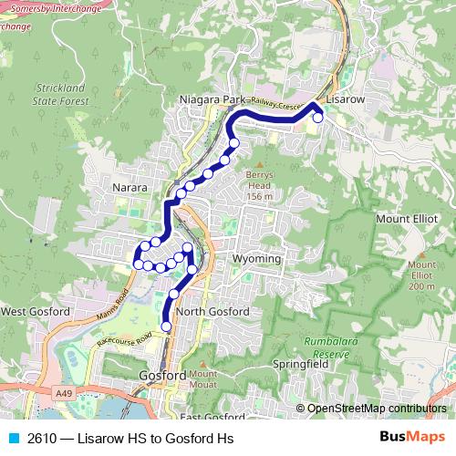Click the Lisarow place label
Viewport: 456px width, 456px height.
346,98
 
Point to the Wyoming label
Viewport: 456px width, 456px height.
256,259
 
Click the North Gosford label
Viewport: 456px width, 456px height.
212,312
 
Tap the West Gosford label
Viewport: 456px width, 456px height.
36,312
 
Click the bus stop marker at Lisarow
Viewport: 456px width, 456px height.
317,117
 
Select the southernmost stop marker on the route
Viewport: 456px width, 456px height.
166,326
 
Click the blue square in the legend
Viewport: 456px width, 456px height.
13,439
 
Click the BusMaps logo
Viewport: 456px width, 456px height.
411,438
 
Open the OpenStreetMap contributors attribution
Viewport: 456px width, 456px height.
376,409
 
